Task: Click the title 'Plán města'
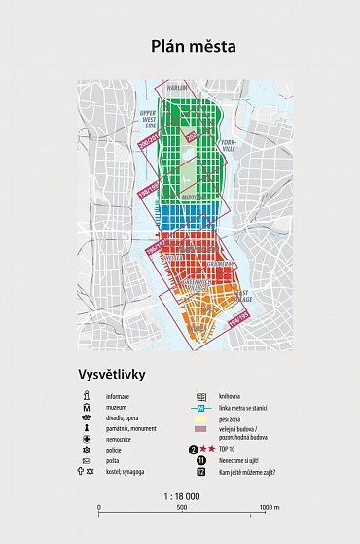click(x=180, y=45)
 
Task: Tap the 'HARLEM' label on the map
click(x=176, y=89)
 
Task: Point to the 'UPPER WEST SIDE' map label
click(x=149, y=121)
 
